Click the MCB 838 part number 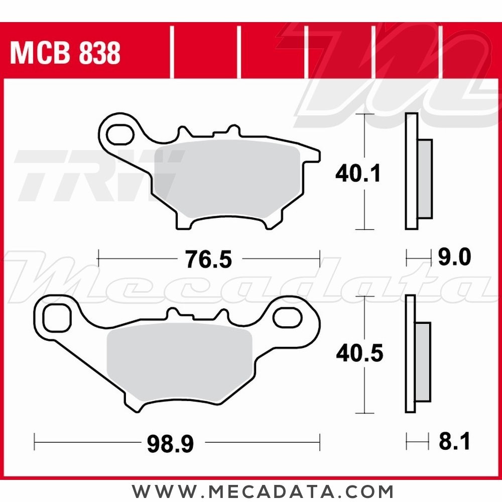(x=65, y=53)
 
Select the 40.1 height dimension (x=358, y=174)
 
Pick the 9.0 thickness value (x=453, y=258)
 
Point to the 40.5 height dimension (x=359, y=353)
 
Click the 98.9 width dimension (x=170, y=444)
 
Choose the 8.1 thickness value (x=453, y=443)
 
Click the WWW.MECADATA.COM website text (x=263, y=490)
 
